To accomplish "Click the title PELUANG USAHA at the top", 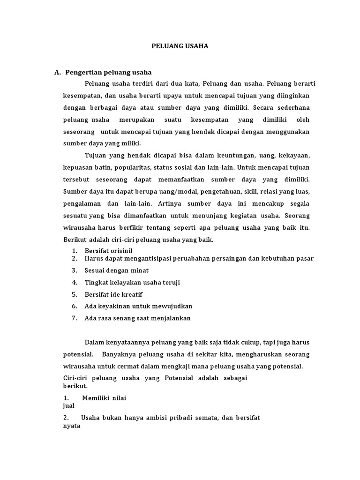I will [x=180, y=46].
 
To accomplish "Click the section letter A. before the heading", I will [x=58, y=72].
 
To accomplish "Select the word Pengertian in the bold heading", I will [x=82, y=72].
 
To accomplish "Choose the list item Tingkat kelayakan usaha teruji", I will [x=132, y=283].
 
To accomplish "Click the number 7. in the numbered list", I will [x=74, y=318].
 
